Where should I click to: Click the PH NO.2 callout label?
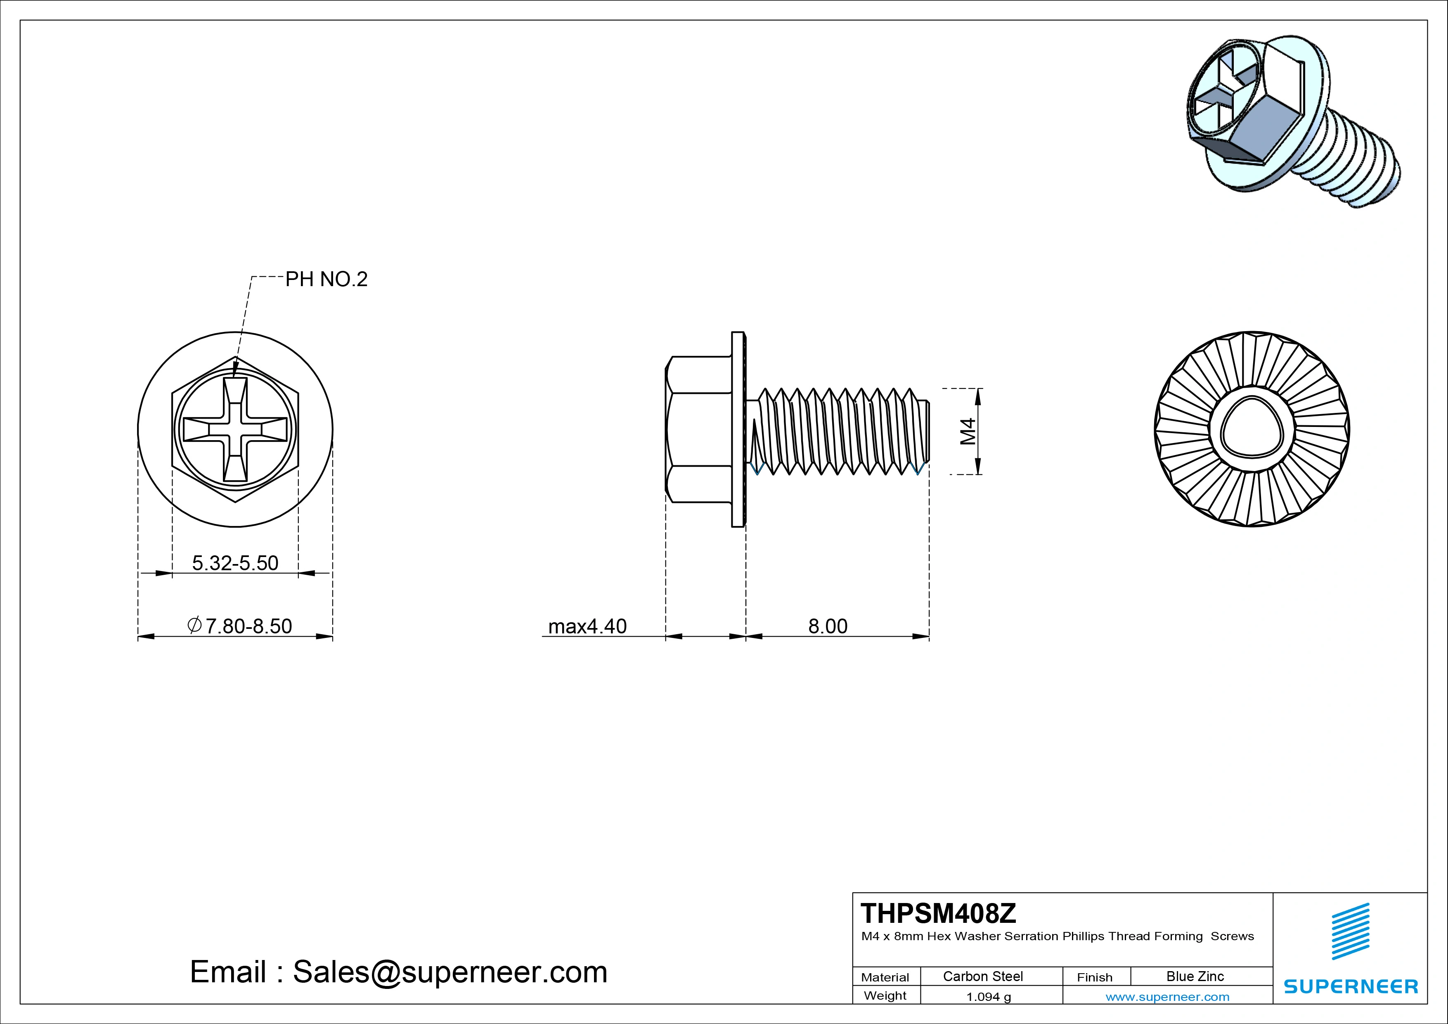tap(326, 279)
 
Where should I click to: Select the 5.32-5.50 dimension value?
tap(235, 563)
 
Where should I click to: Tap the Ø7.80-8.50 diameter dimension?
tap(240, 626)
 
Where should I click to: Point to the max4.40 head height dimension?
tap(587, 626)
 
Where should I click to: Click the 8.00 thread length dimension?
tap(828, 626)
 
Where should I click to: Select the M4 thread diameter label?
tap(968, 431)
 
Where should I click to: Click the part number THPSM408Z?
tap(938, 913)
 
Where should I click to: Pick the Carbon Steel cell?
tap(982, 976)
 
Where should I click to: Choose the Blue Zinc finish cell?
tap(1195, 976)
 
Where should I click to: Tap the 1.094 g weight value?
tap(988, 997)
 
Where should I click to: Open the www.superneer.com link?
tap(1167, 997)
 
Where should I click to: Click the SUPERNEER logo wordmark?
tap(1350, 986)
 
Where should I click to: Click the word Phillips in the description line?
tap(1084, 936)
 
